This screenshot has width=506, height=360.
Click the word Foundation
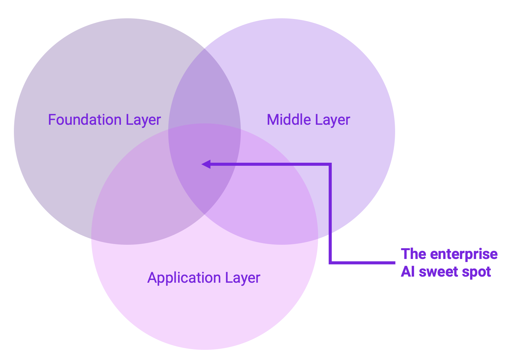point(85,120)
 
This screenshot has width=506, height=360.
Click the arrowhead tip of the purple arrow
point(203,164)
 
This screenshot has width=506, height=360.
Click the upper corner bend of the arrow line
point(330,164)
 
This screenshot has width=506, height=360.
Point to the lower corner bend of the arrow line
point(330,262)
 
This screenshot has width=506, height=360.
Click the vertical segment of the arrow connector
point(330,214)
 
